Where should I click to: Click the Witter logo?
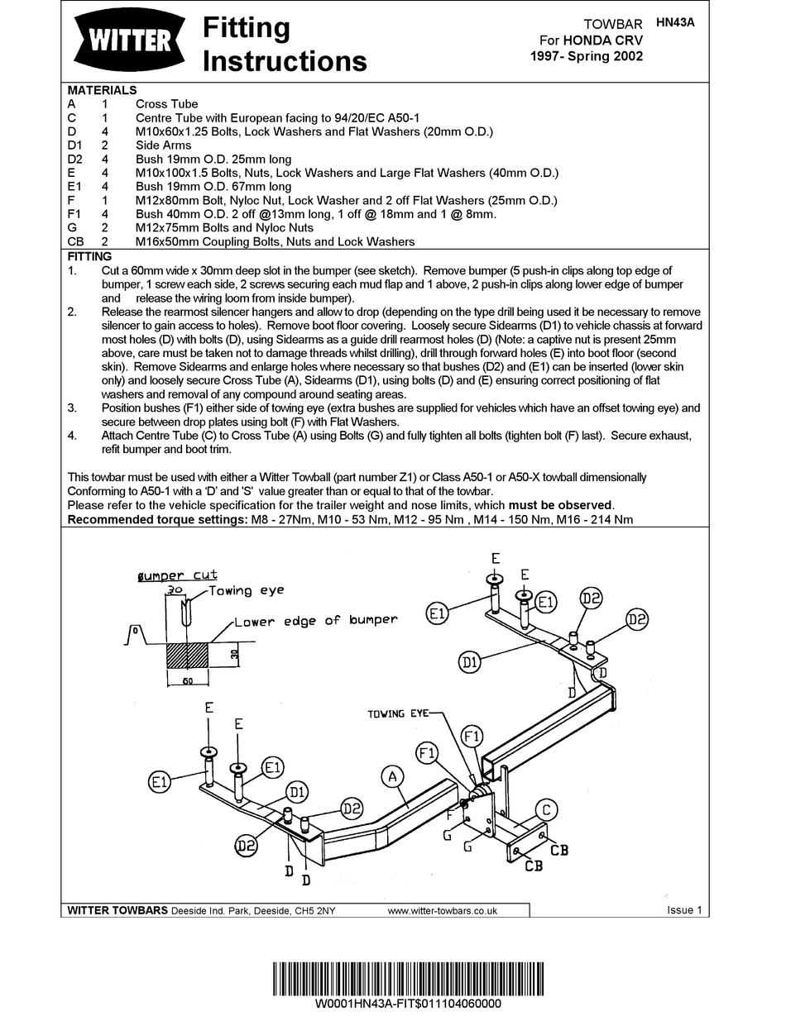click(130, 41)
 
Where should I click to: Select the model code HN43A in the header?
click(675, 22)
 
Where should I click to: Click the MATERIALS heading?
click(102, 90)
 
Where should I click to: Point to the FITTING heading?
click(90, 256)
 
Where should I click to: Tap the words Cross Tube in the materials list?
click(166, 104)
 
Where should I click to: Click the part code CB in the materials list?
click(75, 241)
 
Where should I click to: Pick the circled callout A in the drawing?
click(392, 776)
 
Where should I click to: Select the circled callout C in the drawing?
click(546, 809)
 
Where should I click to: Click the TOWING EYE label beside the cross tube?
click(398, 713)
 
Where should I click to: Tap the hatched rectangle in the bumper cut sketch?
click(188, 655)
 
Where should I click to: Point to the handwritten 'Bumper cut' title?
click(178, 575)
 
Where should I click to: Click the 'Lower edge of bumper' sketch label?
click(316, 621)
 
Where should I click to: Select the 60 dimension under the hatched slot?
click(188, 681)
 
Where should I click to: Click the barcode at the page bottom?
click(409, 979)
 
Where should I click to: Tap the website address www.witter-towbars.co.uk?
click(442, 911)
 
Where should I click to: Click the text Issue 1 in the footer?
click(684, 909)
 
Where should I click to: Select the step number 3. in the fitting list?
click(72, 408)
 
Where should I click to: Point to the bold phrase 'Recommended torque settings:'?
click(157, 519)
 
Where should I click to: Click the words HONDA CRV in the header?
click(603, 41)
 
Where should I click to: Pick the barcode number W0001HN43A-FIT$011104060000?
click(409, 1004)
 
